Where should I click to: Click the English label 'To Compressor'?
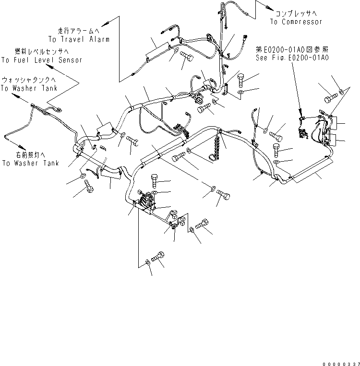click(296, 22)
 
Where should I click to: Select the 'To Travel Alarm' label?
click(78, 39)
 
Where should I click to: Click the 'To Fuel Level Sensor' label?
click(41, 60)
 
